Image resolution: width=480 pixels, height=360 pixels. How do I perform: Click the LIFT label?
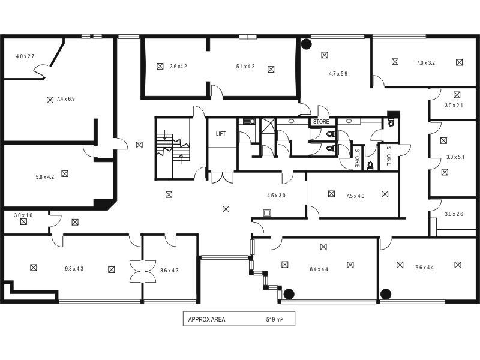pyautogui.click(x=221, y=134)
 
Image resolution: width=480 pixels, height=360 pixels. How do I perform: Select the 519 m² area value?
pyautogui.click(x=274, y=320)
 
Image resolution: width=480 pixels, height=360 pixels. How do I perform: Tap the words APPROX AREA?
pyautogui.click(x=206, y=320)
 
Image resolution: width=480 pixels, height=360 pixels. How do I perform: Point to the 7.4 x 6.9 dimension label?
pyautogui.click(x=65, y=99)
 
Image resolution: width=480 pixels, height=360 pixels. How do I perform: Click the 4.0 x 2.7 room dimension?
pyautogui.click(x=25, y=56)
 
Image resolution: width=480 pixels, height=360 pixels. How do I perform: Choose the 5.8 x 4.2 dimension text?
pyautogui.click(x=45, y=177)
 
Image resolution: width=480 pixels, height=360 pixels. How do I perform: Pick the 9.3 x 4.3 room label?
pyautogui.click(x=74, y=268)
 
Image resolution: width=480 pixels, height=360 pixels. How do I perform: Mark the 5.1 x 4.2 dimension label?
pyautogui.click(x=245, y=67)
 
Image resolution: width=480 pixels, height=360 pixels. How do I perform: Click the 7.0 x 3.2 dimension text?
pyautogui.click(x=425, y=62)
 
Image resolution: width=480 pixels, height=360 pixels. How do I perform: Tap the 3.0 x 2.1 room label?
pyautogui.click(x=454, y=106)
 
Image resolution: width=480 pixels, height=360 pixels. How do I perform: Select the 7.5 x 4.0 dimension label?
pyautogui.click(x=355, y=196)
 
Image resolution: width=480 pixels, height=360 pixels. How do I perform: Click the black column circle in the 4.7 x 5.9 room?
pyautogui.click(x=306, y=44)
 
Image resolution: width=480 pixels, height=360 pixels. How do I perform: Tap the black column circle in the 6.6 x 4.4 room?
pyautogui.click(x=386, y=293)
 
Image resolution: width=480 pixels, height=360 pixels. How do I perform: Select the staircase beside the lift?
pyautogui.click(x=172, y=147)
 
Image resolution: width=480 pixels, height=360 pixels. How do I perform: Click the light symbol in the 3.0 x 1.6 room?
pyautogui.click(x=23, y=221)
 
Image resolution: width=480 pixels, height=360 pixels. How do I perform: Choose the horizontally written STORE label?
pyautogui.click(x=321, y=122)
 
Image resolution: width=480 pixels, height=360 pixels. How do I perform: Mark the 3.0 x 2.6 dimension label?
pyautogui.click(x=454, y=214)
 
